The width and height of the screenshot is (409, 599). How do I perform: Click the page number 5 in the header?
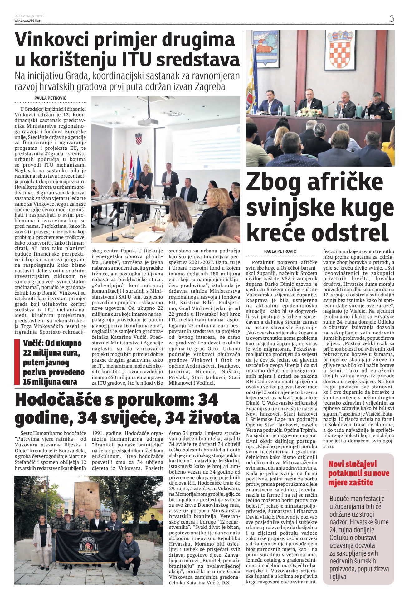pos(392,18)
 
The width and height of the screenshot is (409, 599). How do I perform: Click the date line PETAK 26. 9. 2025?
pos(30,16)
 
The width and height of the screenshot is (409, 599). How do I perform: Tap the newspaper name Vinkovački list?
pos(27,21)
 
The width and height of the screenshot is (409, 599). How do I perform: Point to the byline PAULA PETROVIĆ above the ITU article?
pos(50,98)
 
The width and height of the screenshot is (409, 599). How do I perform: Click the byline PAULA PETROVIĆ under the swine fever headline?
pos(280,251)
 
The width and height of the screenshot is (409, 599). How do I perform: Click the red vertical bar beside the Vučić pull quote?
pos(17,362)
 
